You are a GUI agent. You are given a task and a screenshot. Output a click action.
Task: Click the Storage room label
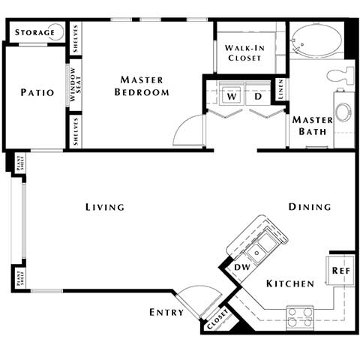(34, 32)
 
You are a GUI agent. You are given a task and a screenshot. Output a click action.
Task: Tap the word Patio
(37, 93)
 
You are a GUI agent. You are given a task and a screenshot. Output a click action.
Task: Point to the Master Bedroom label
(142, 85)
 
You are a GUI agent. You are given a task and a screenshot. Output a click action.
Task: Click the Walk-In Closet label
(244, 52)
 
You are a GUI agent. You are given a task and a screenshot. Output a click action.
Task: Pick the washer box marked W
(232, 96)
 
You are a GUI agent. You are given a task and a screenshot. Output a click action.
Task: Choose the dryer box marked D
(256, 96)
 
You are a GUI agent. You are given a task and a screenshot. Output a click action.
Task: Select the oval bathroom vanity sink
(343, 112)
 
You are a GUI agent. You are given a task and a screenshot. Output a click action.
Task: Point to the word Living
(104, 207)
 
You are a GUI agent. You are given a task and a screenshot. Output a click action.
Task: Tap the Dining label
(310, 207)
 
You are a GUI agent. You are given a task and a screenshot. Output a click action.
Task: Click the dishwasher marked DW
(241, 267)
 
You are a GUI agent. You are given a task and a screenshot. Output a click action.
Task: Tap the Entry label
(166, 312)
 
